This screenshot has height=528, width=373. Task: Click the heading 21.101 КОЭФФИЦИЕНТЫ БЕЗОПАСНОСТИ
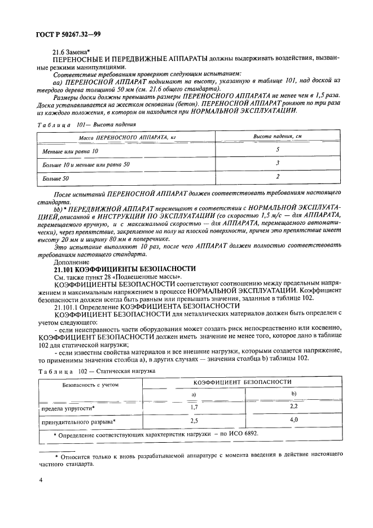[x=124, y=269]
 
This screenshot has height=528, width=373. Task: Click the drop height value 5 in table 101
[x=278, y=150]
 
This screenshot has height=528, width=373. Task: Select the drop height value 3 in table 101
[x=278, y=163]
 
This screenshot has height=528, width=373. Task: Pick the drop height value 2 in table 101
[x=278, y=176]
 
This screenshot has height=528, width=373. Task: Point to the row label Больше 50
[x=55, y=179]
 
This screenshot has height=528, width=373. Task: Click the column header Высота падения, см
[x=277, y=137]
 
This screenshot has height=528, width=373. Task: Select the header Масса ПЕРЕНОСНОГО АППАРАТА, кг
[x=111, y=137]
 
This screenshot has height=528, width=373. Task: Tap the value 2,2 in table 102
[x=293, y=405]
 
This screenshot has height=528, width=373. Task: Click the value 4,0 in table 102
[x=293, y=420]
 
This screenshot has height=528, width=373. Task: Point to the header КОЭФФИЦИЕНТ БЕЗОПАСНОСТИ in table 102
[x=243, y=382]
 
